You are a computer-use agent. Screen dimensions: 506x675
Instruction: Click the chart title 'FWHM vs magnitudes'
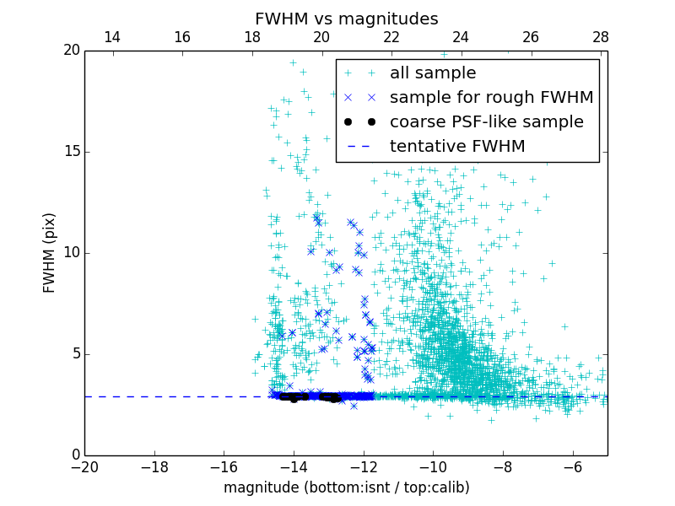click(346, 19)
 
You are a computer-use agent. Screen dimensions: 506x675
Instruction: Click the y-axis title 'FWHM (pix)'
click(50, 253)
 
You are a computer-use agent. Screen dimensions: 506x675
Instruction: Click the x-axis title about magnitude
click(346, 487)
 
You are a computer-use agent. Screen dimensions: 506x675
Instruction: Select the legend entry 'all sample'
click(433, 73)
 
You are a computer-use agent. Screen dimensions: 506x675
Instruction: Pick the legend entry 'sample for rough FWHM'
click(491, 98)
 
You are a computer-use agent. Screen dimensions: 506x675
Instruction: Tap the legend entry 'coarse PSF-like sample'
click(486, 122)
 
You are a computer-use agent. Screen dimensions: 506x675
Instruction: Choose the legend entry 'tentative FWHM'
click(456, 147)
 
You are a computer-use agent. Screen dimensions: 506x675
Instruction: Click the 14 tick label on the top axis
click(111, 37)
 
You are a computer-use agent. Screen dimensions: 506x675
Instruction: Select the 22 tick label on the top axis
click(391, 37)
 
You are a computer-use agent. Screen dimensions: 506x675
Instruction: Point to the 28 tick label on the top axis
click(600, 37)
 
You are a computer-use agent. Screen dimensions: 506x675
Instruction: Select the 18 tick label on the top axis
click(251, 37)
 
